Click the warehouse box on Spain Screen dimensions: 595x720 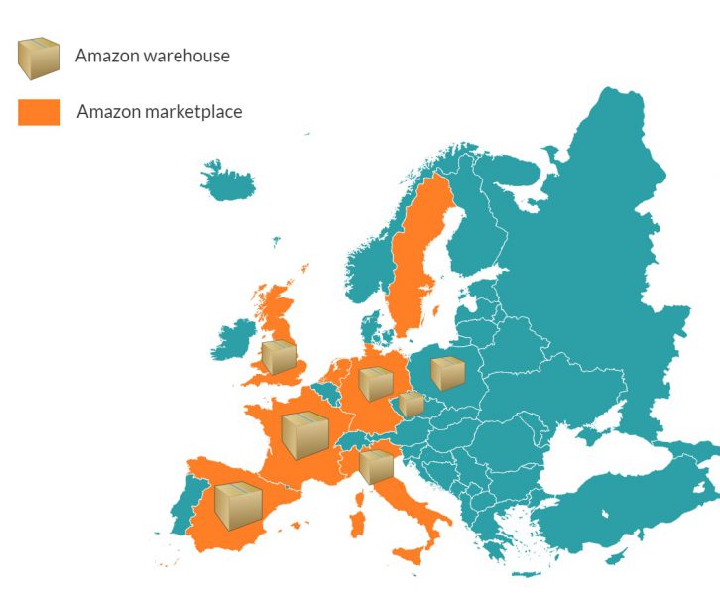[238, 504]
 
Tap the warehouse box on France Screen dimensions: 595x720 [304, 435]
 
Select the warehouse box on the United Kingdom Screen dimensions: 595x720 [279, 356]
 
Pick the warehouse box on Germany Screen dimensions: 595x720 [376, 383]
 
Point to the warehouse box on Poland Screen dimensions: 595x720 [447, 373]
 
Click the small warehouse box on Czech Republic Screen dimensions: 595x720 [412, 404]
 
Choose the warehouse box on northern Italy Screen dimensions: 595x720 [376, 465]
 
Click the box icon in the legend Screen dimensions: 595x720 [39, 58]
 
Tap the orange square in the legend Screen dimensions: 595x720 [39, 112]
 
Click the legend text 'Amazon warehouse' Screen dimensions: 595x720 [152, 56]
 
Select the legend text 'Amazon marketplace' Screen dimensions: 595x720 [159, 112]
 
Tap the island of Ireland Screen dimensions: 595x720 [235, 339]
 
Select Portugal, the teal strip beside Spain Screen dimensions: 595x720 [180, 505]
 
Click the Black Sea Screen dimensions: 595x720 [595, 466]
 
